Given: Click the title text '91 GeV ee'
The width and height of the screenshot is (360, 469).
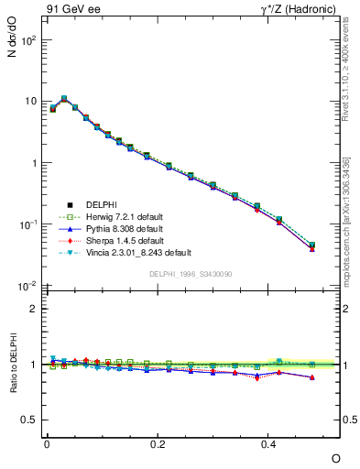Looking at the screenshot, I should pyautogui.click(x=71, y=10).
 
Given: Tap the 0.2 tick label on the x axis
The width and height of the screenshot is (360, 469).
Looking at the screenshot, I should pyautogui.click(x=158, y=442).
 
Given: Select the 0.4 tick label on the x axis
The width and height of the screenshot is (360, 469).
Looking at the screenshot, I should pyautogui.click(x=268, y=442).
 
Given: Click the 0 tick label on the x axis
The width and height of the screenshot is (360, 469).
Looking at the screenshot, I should pyautogui.click(x=47, y=442).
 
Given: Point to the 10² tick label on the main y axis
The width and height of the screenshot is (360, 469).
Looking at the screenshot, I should pyautogui.click(x=29, y=40).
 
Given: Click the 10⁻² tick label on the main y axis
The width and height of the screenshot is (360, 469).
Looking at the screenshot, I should pyautogui.click(x=29, y=286).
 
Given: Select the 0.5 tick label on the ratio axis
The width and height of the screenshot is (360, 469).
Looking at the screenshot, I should pyautogui.click(x=29, y=420).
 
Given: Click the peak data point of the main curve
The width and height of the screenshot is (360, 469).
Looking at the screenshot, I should pyautogui.click(x=64, y=98).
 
